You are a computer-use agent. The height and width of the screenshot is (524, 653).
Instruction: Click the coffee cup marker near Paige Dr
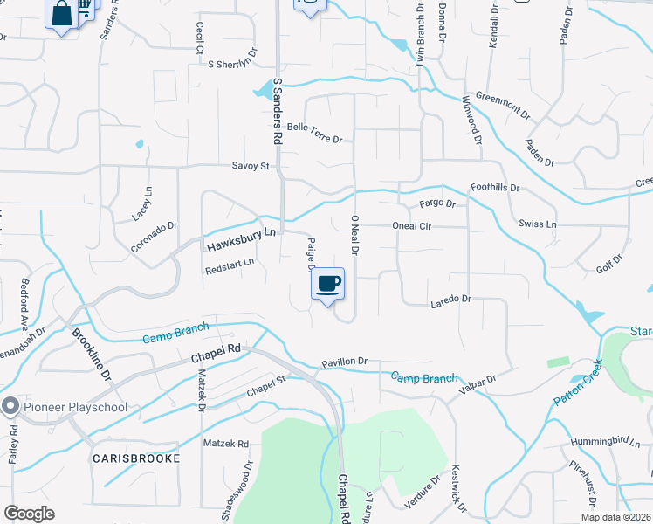click(x=327, y=284)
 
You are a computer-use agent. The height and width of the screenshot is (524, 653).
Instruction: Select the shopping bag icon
click(x=62, y=14)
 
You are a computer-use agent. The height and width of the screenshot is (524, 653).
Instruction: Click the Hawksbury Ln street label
click(x=242, y=240)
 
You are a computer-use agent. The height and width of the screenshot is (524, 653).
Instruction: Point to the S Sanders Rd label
click(x=278, y=110)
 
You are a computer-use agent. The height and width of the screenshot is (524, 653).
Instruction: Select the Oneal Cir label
click(x=412, y=225)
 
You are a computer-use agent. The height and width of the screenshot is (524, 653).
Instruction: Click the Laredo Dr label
click(x=450, y=300)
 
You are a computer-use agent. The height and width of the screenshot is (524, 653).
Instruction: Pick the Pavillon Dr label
click(x=345, y=361)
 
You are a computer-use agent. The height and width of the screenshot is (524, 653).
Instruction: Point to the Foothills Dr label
click(x=495, y=188)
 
